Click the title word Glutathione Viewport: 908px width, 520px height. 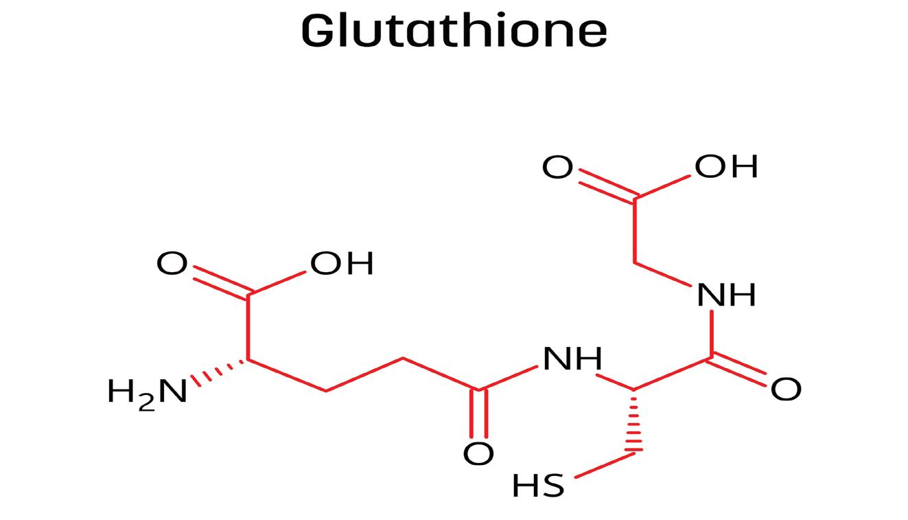454,31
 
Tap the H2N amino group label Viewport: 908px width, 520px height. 147,392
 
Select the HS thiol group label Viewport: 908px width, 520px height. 538,486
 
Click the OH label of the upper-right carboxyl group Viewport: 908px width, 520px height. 726,166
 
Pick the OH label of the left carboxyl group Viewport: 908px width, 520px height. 342,263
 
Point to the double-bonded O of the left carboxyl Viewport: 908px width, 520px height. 172,263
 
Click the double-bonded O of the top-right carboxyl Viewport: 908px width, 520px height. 557,167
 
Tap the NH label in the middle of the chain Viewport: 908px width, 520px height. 572,359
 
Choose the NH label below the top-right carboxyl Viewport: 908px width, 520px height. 726,295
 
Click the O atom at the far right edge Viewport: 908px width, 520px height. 785,389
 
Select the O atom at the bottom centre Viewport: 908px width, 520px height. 478,453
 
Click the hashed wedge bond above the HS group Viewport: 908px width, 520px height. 633,420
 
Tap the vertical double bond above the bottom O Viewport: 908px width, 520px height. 478,414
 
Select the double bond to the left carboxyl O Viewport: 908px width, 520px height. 220,281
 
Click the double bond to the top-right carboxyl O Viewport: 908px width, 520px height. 606,185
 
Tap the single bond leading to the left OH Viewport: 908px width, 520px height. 277,282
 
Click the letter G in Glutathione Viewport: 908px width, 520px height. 318,31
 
